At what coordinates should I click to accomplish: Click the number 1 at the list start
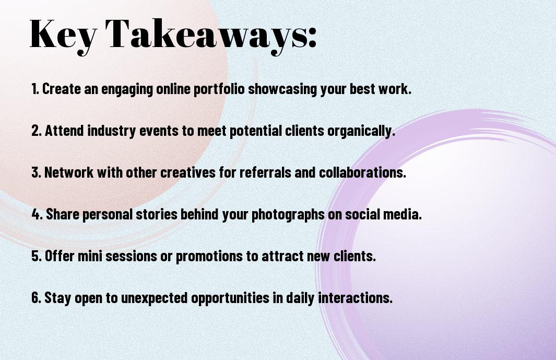tap(34, 89)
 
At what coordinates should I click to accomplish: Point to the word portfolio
tap(219, 89)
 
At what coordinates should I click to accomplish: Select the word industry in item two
tap(111, 131)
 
